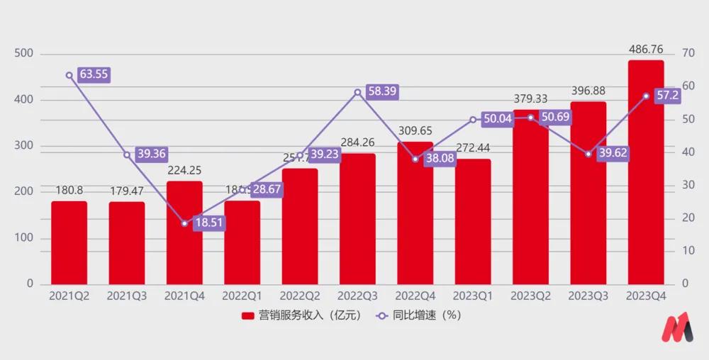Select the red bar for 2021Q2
[x=69, y=242]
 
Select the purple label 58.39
[x=381, y=91]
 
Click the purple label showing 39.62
[x=612, y=153]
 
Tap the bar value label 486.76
[x=645, y=50]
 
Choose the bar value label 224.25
[x=184, y=170]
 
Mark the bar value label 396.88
[x=588, y=91]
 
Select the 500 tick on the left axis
[x=24, y=54]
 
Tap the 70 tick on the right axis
[x=688, y=54]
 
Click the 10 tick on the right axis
[x=688, y=251]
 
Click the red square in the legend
[x=248, y=316]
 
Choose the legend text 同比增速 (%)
[x=426, y=316]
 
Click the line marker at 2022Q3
[x=357, y=91]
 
